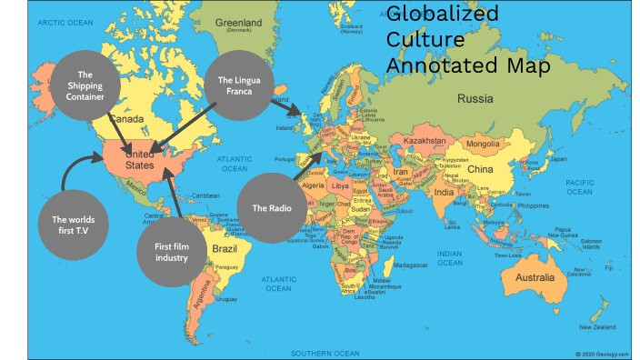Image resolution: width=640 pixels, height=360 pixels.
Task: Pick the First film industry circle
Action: (x=170, y=251)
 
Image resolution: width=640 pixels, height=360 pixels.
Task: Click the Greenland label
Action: (x=236, y=23)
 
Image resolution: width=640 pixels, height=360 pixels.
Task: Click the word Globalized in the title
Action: (x=443, y=14)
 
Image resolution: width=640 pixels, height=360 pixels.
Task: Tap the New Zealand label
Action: (x=598, y=326)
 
